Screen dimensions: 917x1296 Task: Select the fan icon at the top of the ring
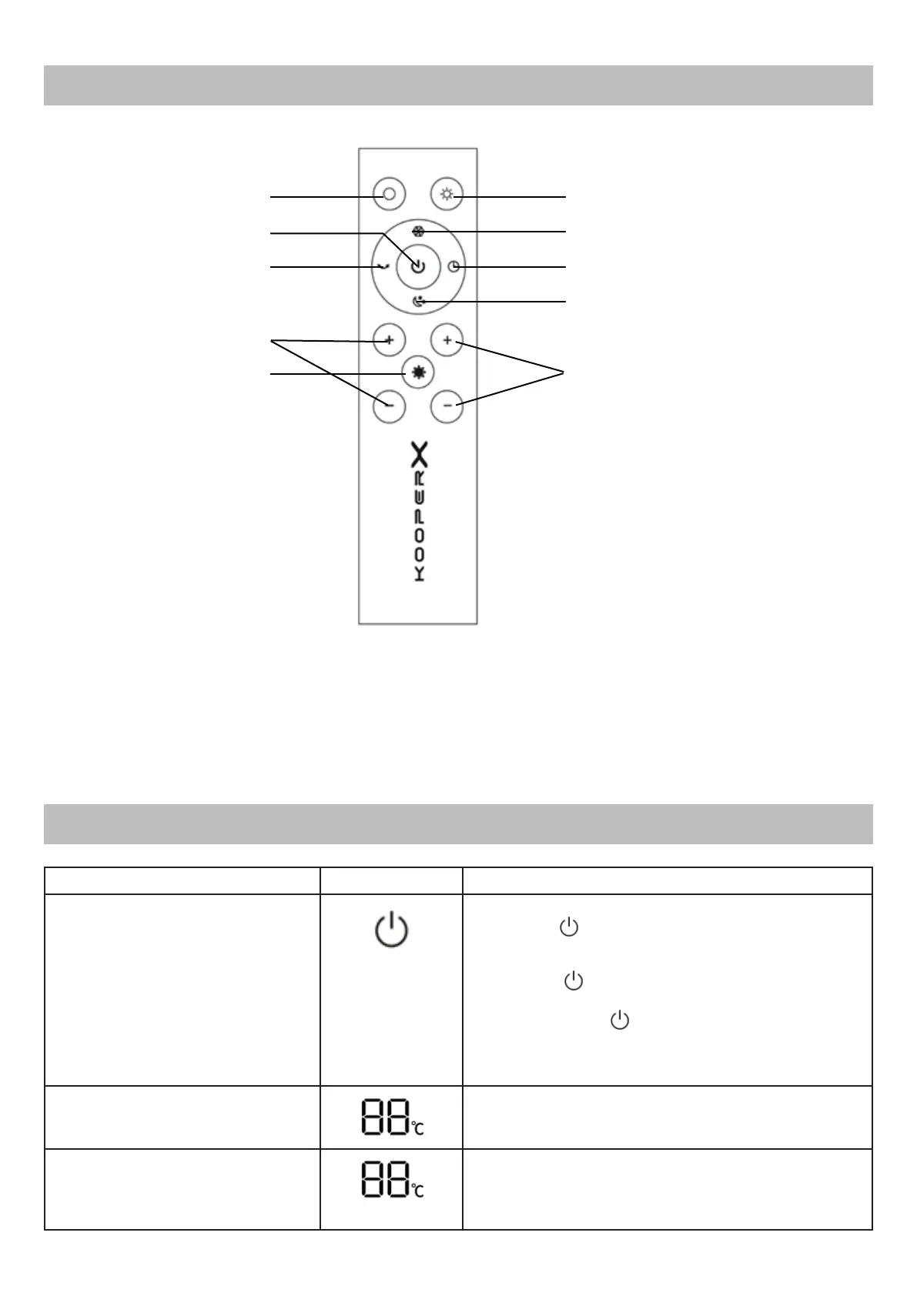[x=417, y=231]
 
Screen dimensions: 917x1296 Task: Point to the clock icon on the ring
[x=455, y=267]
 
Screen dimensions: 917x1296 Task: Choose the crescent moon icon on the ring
[x=418, y=302]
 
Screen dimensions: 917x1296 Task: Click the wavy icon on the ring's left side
[x=383, y=266]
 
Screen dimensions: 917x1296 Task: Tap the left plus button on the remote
[x=389, y=340]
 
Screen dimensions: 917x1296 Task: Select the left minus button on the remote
[x=389, y=405]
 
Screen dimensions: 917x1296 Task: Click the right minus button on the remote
[x=447, y=405]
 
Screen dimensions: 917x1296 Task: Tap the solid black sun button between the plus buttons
[x=418, y=372]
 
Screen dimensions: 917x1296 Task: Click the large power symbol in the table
[x=391, y=929]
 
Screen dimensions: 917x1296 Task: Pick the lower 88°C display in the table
[x=392, y=1179]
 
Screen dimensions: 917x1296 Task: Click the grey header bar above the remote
[x=458, y=85]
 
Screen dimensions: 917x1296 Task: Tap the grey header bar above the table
[x=458, y=823]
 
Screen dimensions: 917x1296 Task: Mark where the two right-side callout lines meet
[x=564, y=373]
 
